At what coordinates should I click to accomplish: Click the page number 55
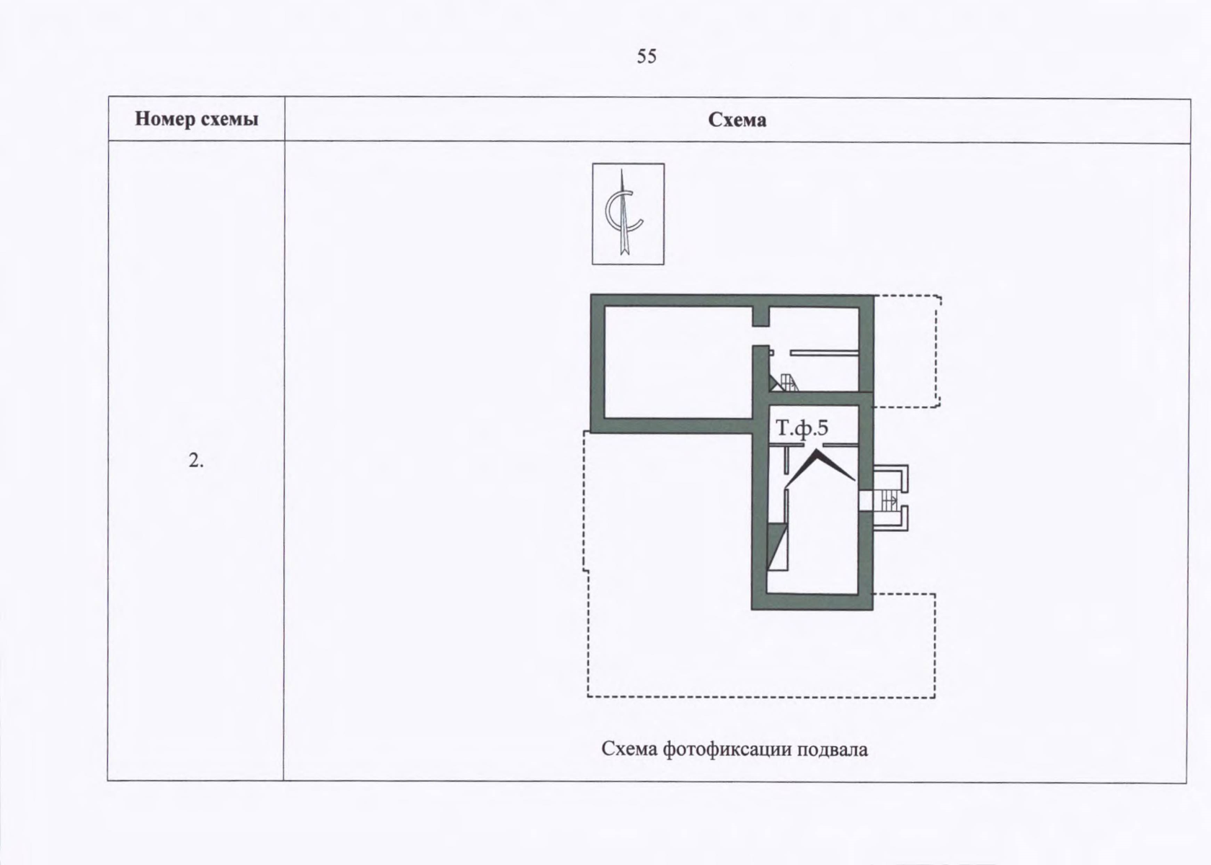[x=647, y=56]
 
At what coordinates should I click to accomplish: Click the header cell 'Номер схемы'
[x=196, y=119]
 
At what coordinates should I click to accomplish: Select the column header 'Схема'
[x=737, y=120]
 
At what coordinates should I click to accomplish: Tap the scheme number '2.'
[x=196, y=461]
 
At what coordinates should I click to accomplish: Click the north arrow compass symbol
[x=628, y=214]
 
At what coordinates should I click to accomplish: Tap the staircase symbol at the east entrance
[x=890, y=500]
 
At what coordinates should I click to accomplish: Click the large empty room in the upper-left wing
[x=678, y=362]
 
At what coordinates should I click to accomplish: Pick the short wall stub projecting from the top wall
[x=760, y=317]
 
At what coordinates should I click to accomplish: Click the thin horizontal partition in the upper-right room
[x=824, y=352]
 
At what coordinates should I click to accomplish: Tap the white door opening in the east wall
[x=866, y=500]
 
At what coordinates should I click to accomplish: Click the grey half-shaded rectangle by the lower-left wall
[x=777, y=546]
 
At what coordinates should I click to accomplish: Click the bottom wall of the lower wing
[x=812, y=602]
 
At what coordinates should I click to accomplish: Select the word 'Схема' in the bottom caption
[x=630, y=750]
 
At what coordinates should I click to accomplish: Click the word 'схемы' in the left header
[x=229, y=120]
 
